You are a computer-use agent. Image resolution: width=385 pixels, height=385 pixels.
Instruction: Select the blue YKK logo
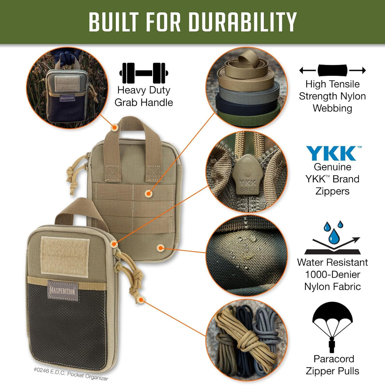[331, 153]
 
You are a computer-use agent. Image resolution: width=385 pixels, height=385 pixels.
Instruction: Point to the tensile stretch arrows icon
[332, 70]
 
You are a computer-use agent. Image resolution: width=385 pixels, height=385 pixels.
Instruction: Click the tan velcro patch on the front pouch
[65, 255]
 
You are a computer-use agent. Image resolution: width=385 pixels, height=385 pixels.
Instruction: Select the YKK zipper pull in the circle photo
[245, 175]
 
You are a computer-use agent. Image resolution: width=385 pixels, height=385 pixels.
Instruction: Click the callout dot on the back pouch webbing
[149, 193]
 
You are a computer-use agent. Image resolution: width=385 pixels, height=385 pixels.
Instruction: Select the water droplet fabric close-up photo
[246, 255]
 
